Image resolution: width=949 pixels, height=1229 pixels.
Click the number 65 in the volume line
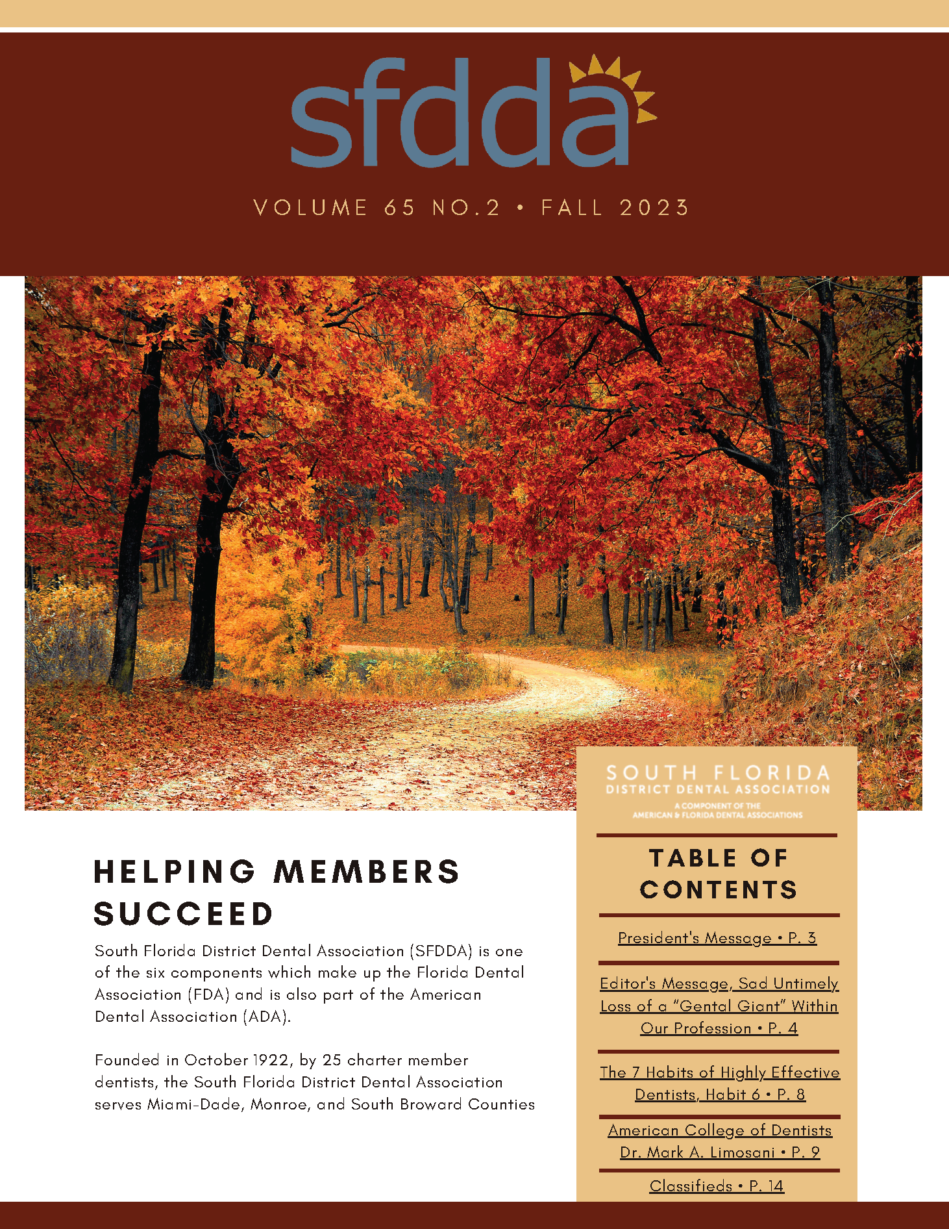click(x=399, y=208)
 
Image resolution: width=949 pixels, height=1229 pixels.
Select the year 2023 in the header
click(x=654, y=208)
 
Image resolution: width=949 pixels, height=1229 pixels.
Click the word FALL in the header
click(x=572, y=208)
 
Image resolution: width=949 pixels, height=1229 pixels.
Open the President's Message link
click(x=717, y=938)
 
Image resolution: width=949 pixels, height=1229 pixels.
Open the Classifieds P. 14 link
click(x=717, y=1186)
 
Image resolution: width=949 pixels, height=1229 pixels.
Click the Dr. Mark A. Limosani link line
click(x=719, y=1152)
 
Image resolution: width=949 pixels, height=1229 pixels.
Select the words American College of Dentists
click(x=719, y=1130)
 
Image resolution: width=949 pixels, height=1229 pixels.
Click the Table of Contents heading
click(x=718, y=874)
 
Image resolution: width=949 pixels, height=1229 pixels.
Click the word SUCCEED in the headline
click(x=184, y=914)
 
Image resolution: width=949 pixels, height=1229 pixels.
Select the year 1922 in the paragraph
click(x=271, y=1060)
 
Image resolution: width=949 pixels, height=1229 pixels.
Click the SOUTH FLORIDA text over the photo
click(x=718, y=773)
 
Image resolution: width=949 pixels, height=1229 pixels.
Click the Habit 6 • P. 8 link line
click(x=719, y=1095)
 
